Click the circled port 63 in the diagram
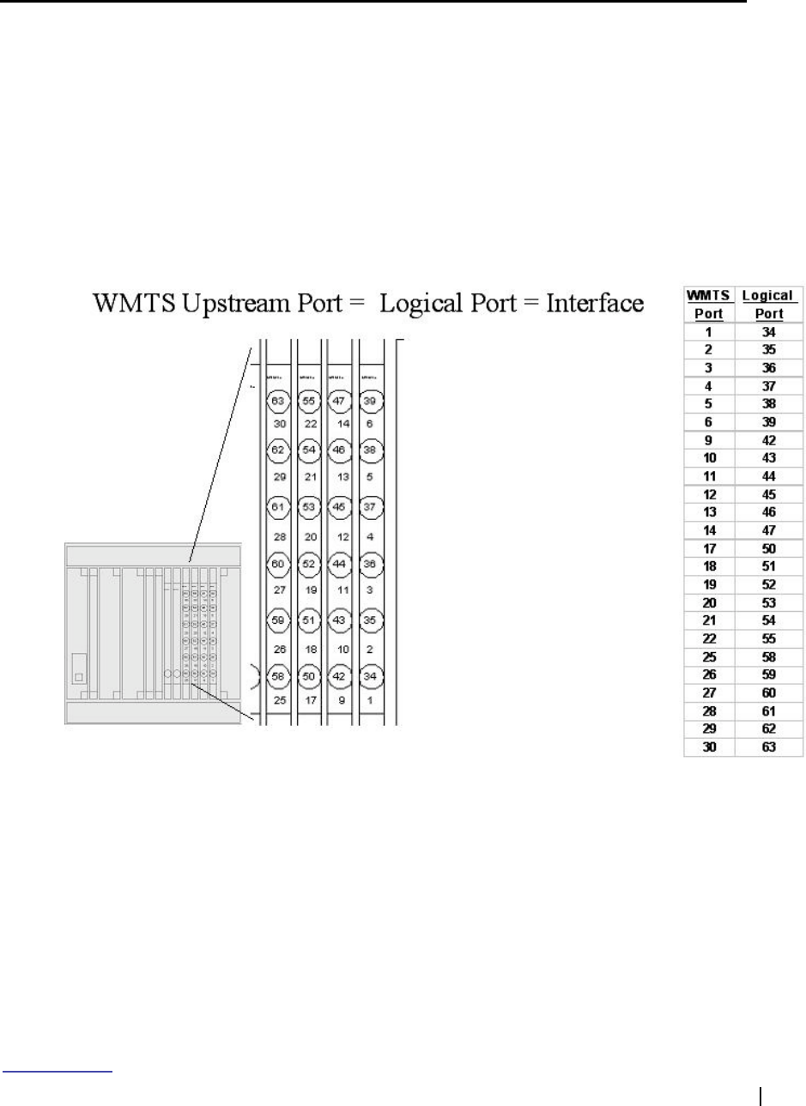(276, 400)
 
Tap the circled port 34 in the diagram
(369, 677)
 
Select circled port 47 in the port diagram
(339, 400)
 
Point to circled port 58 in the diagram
(276, 677)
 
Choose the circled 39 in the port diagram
(370, 400)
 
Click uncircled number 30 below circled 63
(279, 424)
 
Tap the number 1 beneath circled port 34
(369, 701)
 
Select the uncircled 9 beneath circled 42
(341, 701)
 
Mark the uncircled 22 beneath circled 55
(310, 424)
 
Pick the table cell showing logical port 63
(769, 747)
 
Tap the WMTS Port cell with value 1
(709, 330)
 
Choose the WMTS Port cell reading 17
(709, 547)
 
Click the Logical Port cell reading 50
(769, 547)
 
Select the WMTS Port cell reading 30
(709, 747)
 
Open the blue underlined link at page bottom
(58, 1070)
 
